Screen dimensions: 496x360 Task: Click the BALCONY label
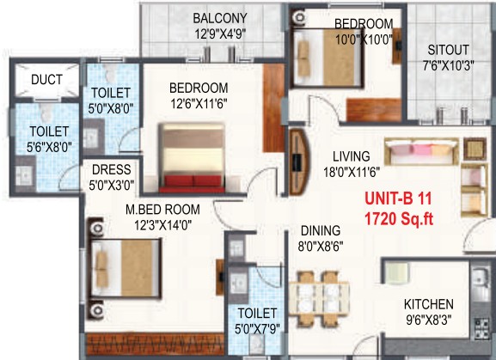220,18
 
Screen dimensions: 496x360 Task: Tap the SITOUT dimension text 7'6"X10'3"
448,66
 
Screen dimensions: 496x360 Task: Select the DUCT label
46,79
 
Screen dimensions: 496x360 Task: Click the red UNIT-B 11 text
398,198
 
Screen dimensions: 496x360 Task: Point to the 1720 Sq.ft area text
399,218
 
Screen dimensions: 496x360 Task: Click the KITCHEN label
429,304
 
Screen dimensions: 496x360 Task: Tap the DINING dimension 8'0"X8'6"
321,247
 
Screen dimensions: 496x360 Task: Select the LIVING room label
351,156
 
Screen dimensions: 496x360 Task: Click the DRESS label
112,170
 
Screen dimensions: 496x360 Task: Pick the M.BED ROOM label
162,210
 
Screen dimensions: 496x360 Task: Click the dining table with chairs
319,299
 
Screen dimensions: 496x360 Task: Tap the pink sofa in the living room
422,151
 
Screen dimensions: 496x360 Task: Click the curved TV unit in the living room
299,162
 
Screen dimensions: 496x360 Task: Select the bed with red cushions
192,158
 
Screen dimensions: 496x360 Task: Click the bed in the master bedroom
124,268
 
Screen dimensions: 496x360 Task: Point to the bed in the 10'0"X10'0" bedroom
328,58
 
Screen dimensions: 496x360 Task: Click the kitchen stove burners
481,328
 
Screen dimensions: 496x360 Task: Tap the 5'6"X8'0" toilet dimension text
49,147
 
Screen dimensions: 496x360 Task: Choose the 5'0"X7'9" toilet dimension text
257,329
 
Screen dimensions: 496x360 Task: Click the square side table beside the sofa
475,149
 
